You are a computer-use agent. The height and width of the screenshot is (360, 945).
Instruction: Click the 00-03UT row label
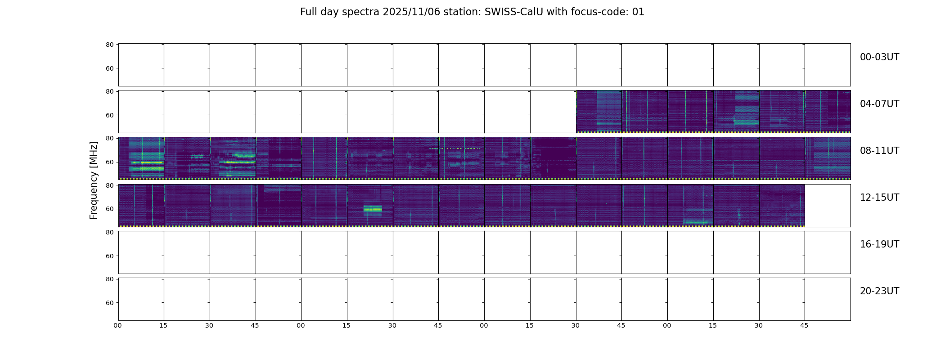879,57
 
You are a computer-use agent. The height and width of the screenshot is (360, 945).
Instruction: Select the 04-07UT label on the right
879,104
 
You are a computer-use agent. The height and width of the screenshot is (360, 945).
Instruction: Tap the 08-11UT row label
879,151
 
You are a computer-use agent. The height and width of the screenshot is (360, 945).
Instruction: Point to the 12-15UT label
879,198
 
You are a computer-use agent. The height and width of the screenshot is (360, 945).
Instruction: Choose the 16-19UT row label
879,244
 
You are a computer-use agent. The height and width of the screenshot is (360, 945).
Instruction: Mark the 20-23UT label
879,291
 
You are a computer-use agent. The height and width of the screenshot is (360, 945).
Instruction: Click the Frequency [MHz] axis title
94,180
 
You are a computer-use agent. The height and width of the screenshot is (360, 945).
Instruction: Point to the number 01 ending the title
638,12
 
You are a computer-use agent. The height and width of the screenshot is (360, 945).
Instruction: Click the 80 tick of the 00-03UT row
109,45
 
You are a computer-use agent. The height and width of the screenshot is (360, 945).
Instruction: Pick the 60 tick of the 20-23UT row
109,303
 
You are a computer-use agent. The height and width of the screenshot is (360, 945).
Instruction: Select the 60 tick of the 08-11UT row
109,162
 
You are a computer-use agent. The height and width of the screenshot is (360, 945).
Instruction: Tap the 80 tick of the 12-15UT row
109,185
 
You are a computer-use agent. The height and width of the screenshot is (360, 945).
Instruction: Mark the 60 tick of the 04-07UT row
109,115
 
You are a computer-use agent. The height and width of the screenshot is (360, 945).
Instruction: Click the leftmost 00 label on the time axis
117,325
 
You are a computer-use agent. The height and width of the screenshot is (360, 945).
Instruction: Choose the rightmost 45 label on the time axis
804,325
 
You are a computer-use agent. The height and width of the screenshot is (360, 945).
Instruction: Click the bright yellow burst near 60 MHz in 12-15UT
373,209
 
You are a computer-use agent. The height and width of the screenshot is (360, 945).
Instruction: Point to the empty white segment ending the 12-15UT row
828,206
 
